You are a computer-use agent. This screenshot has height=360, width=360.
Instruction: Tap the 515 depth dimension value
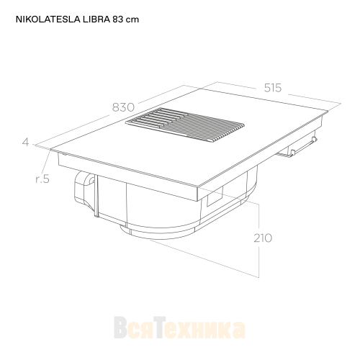point(272,88)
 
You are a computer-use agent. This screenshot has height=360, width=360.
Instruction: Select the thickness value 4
point(25,142)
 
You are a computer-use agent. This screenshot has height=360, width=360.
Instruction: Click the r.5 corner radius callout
point(41,179)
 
